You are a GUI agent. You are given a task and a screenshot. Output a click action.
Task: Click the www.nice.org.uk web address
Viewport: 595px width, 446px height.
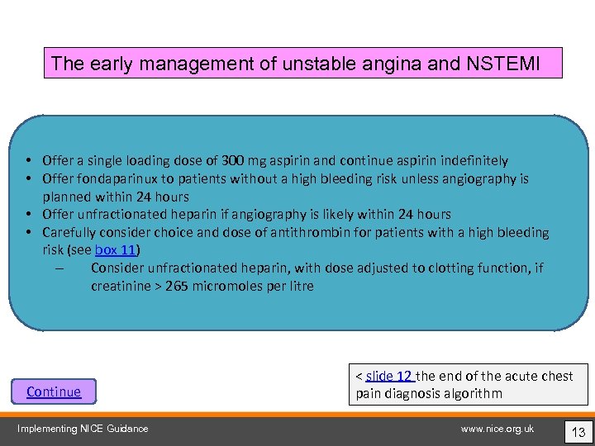click(x=497, y=428)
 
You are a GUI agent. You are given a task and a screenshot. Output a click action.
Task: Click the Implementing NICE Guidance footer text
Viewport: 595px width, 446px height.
click(x=83, y=428)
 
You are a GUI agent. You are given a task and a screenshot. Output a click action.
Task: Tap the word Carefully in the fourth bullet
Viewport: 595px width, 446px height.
click(x=69, y=233)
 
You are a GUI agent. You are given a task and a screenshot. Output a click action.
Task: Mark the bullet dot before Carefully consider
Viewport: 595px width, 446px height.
click(x=28, y=233)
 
